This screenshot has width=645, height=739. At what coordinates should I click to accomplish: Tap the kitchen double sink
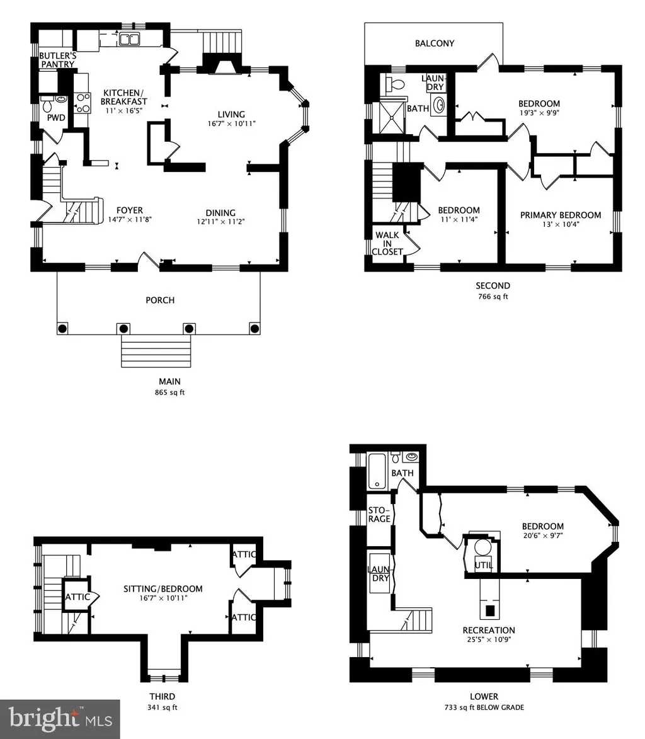click(x=130, y=40)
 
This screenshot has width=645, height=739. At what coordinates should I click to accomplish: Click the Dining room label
click(x=220, y=212)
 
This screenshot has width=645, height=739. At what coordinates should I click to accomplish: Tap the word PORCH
click(x=160, y=300)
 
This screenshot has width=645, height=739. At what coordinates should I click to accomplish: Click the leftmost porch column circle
click(x=62, y=328)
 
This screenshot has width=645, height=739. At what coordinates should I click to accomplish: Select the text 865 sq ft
click(x=169, y=392)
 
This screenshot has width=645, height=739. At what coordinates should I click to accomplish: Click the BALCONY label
click(x=434, y=43)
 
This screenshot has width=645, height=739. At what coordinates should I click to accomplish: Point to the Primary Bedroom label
click(x=560, y=215)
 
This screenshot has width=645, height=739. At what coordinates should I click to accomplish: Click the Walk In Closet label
click(x=389, y=243)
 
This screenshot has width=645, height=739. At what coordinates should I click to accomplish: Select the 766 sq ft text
click(x=493, y=296)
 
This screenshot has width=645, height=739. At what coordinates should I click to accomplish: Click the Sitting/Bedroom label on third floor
click(x=163, y=589)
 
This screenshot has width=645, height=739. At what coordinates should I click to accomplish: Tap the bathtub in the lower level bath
click(x=377, y=470)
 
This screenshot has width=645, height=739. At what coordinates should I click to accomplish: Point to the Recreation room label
click(x=488, y=630)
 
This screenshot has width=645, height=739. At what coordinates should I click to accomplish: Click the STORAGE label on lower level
click(x=379, y=514)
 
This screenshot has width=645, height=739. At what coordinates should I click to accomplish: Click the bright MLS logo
click(x=60, y=719)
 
